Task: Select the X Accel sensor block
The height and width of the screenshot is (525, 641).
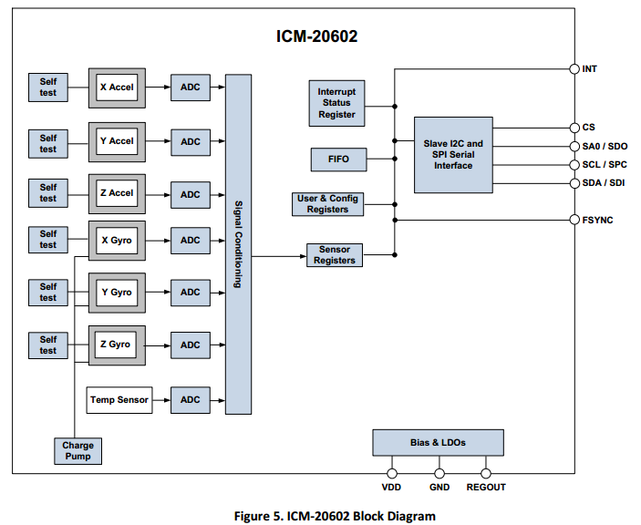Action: pyautogui.click(x=116, y=88)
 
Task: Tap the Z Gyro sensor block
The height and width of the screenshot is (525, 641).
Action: pyautogui.click(x=116, y=345)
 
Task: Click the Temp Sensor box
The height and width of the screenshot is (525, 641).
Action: pyautogui.click(x=119, y=399)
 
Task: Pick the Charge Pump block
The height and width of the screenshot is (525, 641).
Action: pyautogui.click(x=78, y=451)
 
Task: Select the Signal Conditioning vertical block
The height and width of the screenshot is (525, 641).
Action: pyautogui.click(x=238, y=244)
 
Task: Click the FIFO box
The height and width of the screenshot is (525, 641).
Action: pyautogui.click(x=337, y=160)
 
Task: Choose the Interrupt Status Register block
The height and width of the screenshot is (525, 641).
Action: pyautogui.click(x=336, y=103)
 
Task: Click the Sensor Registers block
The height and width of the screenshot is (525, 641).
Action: pyautogui.click(x=335, y=255)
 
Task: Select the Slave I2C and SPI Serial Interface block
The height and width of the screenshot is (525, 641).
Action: pyautogui.click(x=453, y=154)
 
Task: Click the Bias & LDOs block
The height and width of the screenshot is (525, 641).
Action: pyautogui.click(x=438, y=442)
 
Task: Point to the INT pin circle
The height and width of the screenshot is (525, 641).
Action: pyautogui.click(x=574, y=68)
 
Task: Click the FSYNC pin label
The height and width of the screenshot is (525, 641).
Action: pyautogui.click(x=598, y=220)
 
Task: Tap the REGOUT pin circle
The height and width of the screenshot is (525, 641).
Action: pyautogui.click(x=485, y=473)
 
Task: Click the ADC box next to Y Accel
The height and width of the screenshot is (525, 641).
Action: pyautogui.click(x=190, y=141)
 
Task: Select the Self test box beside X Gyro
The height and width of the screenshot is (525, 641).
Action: pyautogui.click(x=48, y=240)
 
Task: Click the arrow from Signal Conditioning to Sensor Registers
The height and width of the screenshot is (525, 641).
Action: pyautogui.click(x=278, y=256)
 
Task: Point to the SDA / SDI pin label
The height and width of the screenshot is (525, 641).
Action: pyautogui.click(x=604, y=183)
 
